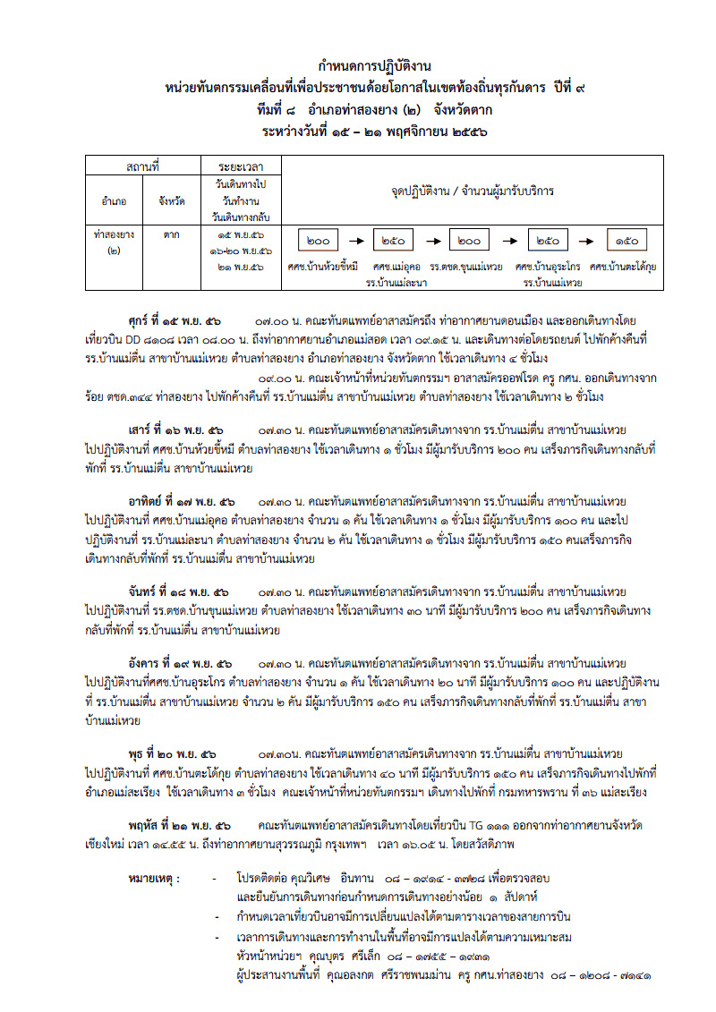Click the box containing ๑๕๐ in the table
(627, 241)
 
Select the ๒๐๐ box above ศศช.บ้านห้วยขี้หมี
(318, 241)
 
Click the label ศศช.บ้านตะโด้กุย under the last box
(624, 267)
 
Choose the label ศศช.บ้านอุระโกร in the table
(548, 267)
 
